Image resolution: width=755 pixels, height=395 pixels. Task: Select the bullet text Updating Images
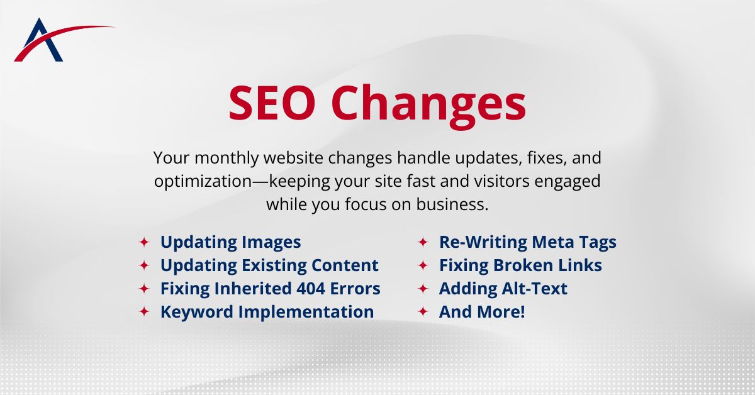click(x=230, y=242)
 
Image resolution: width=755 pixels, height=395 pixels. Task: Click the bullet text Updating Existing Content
click(x=269, y=265)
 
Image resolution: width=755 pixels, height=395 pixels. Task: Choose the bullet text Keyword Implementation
click(x=267, y=312)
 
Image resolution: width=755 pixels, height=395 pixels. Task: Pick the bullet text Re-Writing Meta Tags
click(x=527, y=242)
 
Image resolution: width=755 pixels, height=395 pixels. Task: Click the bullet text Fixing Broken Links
click(x=520, y=265)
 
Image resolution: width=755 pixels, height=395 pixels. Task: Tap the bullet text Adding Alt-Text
click(x=503, y=289)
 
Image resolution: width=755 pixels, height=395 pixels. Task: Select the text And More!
click(x=481, y=312)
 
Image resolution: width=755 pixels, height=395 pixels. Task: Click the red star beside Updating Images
click(x=144, y=242)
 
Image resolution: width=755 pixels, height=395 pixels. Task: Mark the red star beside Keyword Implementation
click(x=144, y=312)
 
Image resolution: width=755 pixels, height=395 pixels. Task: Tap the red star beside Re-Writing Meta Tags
click(x=423, y=242)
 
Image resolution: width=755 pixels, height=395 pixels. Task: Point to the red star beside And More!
click(x=423, y=312)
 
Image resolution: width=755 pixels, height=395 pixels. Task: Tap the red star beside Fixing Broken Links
click(x=423, y=265)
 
